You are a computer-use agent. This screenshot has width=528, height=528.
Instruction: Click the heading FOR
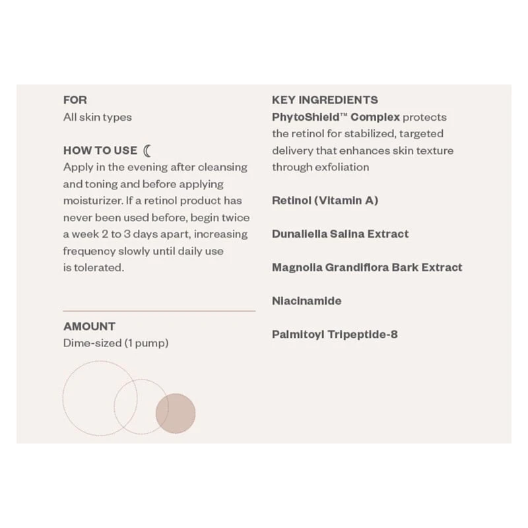[75, 100]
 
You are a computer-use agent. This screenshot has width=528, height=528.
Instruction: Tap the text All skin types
[97, 117]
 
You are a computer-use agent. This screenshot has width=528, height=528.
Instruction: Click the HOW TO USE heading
[100, 150]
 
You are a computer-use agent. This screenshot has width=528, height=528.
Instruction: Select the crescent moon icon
[147, 150]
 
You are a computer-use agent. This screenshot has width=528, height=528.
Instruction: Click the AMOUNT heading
[89, 326]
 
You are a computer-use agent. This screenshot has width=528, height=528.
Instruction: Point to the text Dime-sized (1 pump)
[115, 343]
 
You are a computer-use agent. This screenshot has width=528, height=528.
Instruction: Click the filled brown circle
[176, 413]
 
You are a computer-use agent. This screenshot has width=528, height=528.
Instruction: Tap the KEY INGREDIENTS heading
[325, 100]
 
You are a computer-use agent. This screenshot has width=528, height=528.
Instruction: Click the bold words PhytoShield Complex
[335, 117]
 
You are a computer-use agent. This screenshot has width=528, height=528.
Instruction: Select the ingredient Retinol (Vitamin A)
[325, 201]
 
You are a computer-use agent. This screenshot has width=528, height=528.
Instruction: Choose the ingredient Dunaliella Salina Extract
[340, 234]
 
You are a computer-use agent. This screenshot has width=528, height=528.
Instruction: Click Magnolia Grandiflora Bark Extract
[367, 267]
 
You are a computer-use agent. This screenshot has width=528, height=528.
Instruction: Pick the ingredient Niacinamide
[306, 301]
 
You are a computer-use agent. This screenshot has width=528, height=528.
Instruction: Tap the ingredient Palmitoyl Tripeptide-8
[335, 334]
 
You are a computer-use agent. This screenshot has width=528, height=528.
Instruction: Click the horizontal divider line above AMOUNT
[158, 310]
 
